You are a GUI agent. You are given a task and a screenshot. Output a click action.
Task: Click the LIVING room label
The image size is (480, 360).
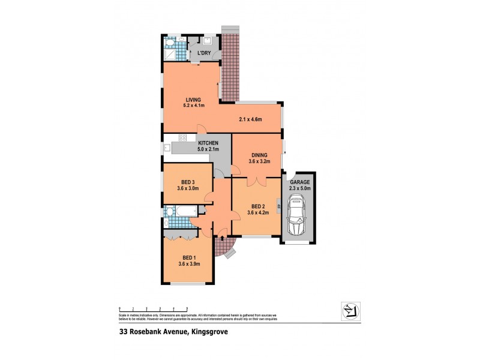coord(193,100)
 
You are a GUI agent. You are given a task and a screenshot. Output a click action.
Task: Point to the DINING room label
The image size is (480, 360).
coord(260,155)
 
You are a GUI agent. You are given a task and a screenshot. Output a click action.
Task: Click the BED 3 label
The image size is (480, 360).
coord(188,182)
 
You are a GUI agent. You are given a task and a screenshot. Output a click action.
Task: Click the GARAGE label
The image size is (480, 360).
coord(299,182)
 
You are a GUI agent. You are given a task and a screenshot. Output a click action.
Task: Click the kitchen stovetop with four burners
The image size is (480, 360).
coord(182,138)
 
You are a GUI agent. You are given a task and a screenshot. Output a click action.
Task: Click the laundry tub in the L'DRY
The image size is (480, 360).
coord(208,42)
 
